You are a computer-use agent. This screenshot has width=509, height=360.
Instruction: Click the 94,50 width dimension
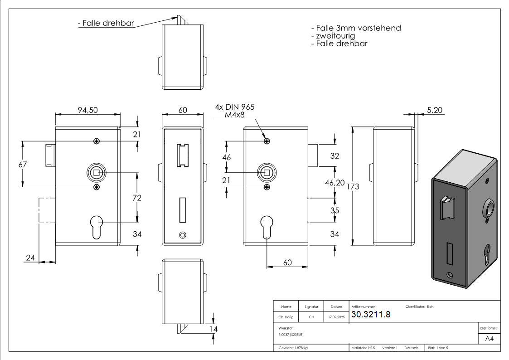(87, 110)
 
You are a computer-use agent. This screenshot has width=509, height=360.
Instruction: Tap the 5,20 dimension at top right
(436, 110)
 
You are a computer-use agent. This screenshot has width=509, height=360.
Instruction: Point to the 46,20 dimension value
(335, 183)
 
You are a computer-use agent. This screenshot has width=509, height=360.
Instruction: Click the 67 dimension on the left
(23, 164)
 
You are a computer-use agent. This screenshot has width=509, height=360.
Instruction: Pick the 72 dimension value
(137, 198)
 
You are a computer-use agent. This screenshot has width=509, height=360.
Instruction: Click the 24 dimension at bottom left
(30, 258)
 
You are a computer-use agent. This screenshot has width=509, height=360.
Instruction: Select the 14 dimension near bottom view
(214, 329)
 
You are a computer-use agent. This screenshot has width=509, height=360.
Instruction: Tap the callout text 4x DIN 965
(235, 107)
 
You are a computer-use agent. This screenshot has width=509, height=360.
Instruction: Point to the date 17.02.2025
(336, 317)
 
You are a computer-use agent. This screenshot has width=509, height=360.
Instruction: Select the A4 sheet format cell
(490, 339)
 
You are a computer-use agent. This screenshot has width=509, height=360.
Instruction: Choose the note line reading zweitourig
(333, 36)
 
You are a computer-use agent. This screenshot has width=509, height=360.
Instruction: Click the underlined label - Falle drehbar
(106, 23)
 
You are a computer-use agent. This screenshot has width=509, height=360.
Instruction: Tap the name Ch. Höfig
(286, 317)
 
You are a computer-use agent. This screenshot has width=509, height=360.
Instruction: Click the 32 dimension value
(335, 156)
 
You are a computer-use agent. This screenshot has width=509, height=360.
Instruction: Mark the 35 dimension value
(335, 210)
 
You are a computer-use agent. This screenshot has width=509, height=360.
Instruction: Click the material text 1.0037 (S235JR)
(291, 334)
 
